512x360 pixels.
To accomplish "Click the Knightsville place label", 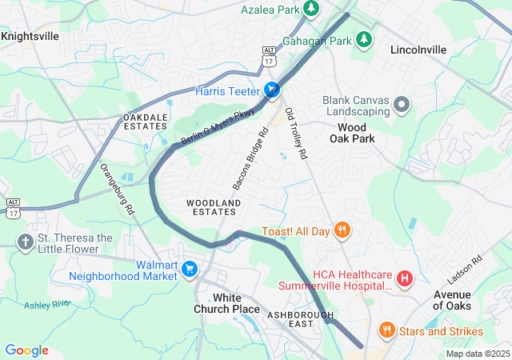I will coord(30,36).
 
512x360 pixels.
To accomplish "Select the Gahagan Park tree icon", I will coord(364,39).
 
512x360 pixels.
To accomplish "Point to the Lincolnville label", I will coord(418,50).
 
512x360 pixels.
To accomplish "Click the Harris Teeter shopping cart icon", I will coord(272,91).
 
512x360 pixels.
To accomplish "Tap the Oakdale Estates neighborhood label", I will coord(146,122).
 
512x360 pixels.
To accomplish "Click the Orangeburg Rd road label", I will coord(117,190).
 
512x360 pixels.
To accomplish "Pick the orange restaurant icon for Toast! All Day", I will coord(342,231).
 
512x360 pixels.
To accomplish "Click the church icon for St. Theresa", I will coord(26,242).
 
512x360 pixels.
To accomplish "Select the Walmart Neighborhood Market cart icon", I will coord(190,269).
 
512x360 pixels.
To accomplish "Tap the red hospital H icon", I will coord(405,279).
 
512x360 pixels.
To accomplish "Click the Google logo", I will coord(27,350).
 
